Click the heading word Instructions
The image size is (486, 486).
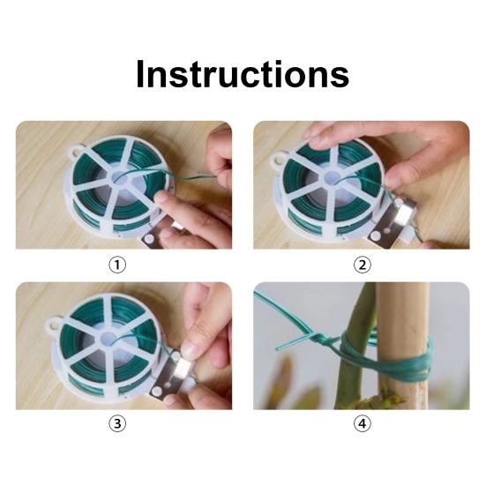[x=243, y=74]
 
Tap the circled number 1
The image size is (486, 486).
[x=117, y=265]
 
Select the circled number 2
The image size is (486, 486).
[x=363, y=265]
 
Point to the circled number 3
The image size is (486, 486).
[x=117, y=423]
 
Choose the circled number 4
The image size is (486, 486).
[x=363, y=423]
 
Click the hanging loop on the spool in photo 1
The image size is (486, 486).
[x=74, y=151]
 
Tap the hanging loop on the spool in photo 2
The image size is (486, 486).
[x=279, y=158]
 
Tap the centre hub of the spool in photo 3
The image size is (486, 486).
[x=109, y=339]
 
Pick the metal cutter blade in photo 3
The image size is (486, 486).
[x=171, y=377]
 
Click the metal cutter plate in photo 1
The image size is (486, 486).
[x=158, y=236]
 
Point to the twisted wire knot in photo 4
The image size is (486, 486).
[x=319, y=339]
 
